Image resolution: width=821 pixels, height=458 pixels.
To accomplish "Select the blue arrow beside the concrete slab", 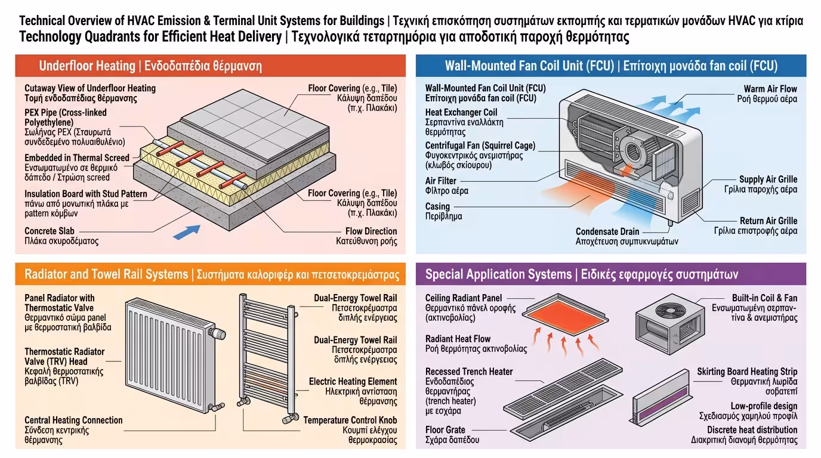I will click(x=186, y=231).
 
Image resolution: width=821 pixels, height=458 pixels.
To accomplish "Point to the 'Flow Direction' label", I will click(x=371, y=231).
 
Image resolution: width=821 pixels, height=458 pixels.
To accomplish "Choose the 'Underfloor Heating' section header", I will click(x=150, y=66).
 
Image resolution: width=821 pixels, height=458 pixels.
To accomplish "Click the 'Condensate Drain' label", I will click(x=607, y=231).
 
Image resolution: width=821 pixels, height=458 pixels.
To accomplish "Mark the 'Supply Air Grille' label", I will click(x=767, y=179).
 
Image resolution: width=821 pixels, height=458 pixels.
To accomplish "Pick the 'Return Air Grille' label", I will click(x=768, y=221).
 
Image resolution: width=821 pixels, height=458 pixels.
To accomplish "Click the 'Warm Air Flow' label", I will click(x=770, y=89).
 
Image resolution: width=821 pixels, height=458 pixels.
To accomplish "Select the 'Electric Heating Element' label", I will click(x=353, y=381).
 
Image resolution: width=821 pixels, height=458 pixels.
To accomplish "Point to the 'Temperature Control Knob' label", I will click(x=350, y=420).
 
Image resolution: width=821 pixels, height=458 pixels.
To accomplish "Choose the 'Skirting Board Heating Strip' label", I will click(x=746, y=372).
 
